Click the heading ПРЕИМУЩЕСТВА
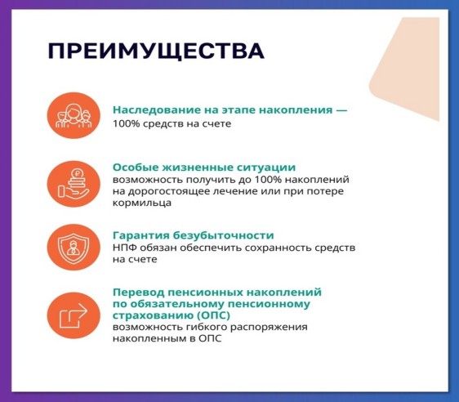click(x=156, y=51)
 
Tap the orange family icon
click(x=74, y=115)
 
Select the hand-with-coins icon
click(x=74, y=184)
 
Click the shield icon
click(x=74, y=247)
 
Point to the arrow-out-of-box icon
click(x=74, y=315)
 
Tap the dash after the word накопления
click(x=341, y=110)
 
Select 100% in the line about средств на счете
click(x=123, y=123)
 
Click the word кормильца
click(x=142, y=203)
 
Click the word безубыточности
click(x=223, y=235)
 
